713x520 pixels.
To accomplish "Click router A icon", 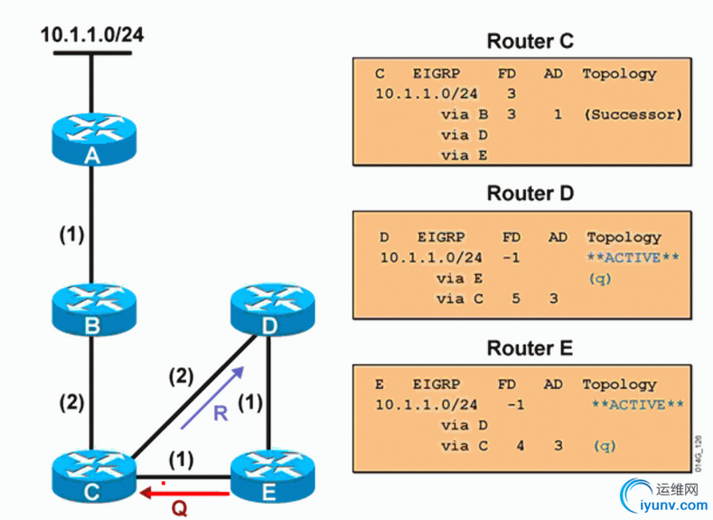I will (92, 137).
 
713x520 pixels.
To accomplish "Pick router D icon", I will (270, 305).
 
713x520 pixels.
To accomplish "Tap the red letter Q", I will (180, 509).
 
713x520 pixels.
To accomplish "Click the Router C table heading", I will (530, 42).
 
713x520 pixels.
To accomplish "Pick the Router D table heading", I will (530, 194).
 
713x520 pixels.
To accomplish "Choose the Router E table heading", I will (530, 349).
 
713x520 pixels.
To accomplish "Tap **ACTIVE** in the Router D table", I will (633, 258).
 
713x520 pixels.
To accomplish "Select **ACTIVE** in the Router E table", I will (637, 404).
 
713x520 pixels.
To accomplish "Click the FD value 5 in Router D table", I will (515, 298).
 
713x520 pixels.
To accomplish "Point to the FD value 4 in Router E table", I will (520, 446).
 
